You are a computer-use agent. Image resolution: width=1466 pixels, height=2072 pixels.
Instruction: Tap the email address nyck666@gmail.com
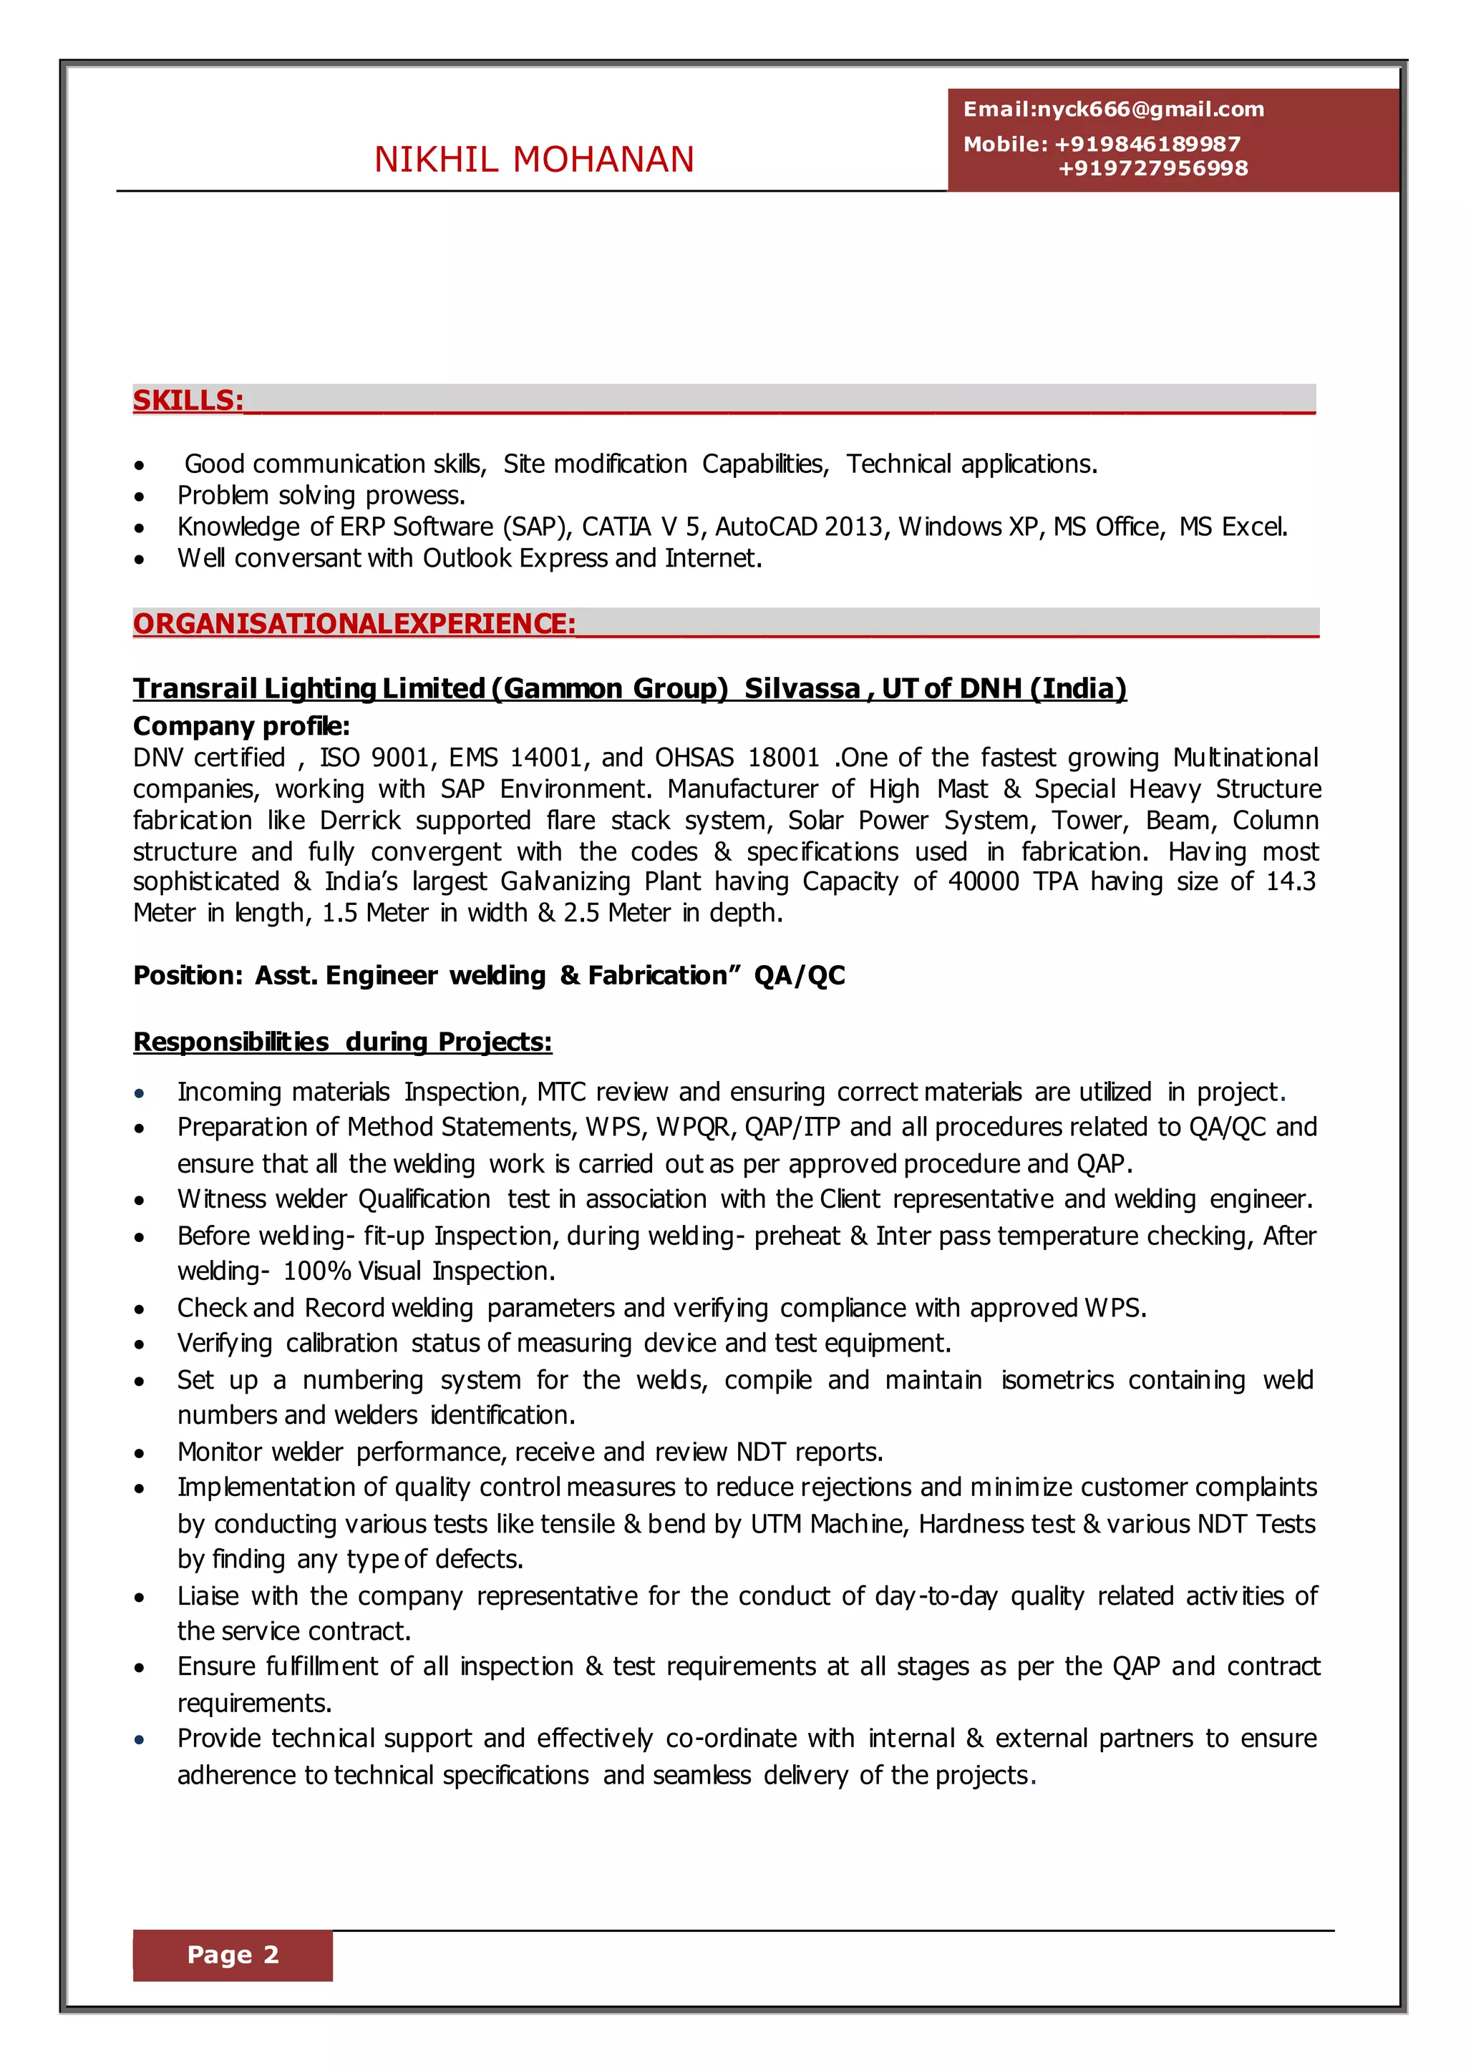1150,110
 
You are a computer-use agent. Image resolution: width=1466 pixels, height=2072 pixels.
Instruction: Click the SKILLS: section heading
188,401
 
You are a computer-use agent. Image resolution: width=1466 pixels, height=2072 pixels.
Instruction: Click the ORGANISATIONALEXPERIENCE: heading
354,624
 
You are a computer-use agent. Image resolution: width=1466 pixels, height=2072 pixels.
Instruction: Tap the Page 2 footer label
233,1955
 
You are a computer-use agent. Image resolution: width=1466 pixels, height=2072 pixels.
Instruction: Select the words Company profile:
241,726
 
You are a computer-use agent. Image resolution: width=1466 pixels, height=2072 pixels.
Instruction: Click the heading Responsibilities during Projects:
342,1042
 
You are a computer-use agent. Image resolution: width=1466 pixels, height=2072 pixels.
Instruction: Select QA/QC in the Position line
800,975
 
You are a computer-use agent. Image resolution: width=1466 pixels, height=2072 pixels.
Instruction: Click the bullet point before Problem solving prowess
139,497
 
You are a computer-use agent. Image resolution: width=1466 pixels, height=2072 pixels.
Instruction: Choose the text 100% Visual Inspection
419,1271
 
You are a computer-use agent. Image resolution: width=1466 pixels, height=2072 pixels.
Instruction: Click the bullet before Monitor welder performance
139,1454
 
